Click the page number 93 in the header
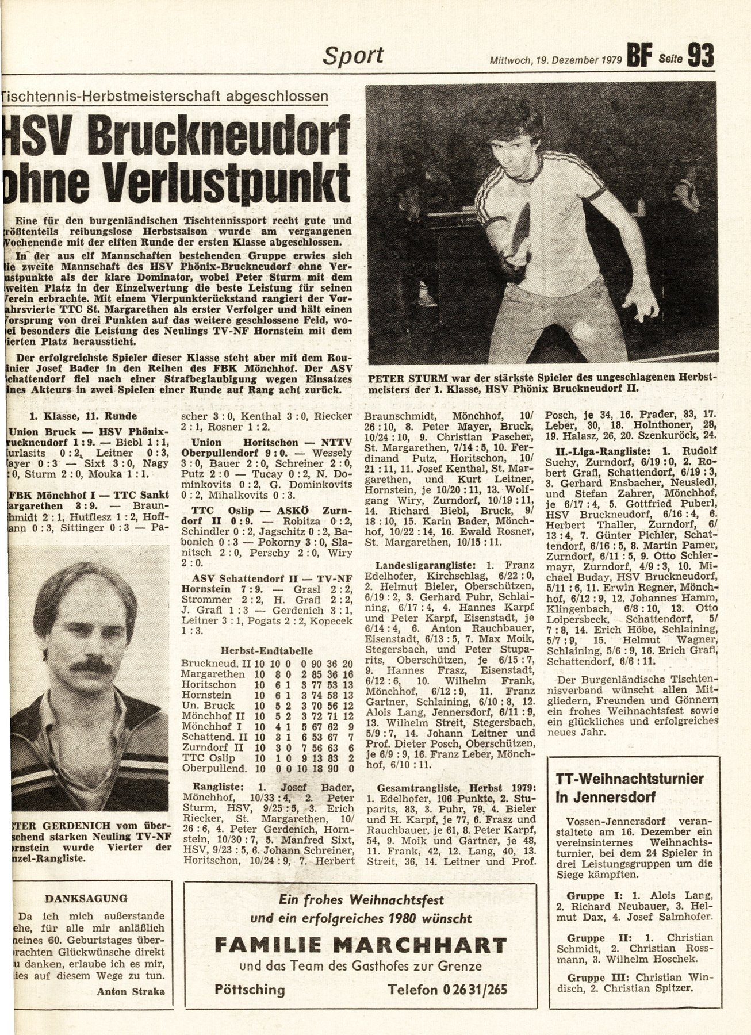click(700, 56)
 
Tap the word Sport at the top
click(353, 56)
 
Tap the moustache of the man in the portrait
click(86, 666)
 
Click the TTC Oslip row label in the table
click(203, 757)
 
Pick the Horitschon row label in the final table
click(208, 685)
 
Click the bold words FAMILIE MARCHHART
click(361, 945)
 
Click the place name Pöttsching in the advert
click(250, 990)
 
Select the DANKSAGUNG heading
click(86, 898)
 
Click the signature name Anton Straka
click(131, 991)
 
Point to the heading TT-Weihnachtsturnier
click(629, 780)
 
